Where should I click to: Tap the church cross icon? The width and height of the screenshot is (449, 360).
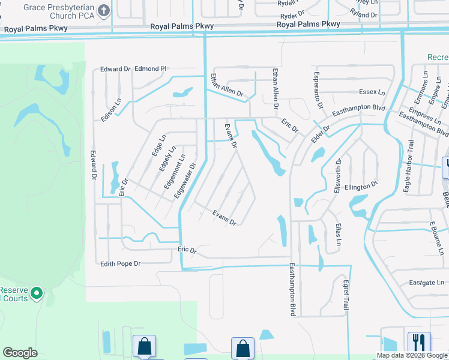104,10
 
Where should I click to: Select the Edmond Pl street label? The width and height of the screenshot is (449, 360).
150,69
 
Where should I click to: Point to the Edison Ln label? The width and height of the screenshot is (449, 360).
107,110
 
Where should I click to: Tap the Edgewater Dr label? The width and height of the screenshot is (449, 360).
185,181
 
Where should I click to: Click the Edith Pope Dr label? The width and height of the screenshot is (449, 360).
120,263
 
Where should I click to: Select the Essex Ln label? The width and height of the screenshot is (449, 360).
372,92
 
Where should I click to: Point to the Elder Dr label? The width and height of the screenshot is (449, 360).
322,133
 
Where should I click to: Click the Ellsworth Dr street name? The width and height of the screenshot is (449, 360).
337,176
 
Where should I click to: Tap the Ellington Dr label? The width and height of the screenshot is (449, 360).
361,187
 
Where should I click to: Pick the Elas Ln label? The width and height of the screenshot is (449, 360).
338,234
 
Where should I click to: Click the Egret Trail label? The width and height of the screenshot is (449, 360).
346,295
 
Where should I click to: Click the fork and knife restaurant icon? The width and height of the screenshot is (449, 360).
418,343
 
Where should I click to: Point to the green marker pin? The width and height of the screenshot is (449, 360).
37,293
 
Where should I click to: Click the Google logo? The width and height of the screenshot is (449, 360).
20,353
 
